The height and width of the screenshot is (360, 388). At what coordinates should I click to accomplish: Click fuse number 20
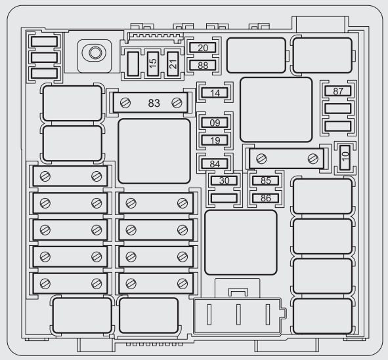coord(203,48)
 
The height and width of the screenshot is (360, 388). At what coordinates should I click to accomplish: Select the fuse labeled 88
coord(203,66)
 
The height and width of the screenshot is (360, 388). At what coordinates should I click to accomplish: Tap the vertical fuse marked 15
coord(153,64)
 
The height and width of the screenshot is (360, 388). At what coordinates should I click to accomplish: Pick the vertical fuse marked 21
coord(173,64)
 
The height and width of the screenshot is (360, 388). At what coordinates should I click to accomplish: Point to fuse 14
coord(215,93)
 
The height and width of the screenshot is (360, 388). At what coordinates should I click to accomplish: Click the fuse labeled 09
coord(215,123)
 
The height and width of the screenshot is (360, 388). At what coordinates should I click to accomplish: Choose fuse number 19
coord(215,140)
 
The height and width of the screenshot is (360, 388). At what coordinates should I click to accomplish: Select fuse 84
coord(215,164)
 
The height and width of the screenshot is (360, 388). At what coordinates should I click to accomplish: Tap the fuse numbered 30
coord(224,180)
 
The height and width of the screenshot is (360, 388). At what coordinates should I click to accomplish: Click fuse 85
coord(265,180)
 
